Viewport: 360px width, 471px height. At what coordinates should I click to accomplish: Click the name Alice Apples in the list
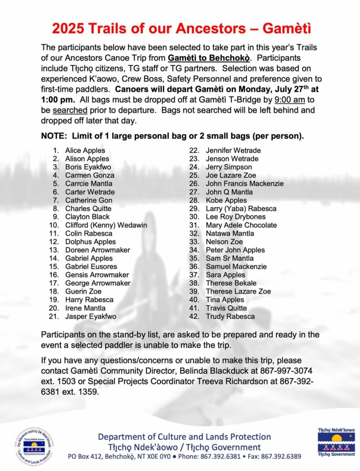tap(85, 150)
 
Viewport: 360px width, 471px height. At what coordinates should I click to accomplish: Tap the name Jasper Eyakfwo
tap(91, 316)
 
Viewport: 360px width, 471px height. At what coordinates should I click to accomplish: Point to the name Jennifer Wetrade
tap(233, 150)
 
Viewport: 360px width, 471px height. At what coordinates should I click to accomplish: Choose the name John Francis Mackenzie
tap(245, 184)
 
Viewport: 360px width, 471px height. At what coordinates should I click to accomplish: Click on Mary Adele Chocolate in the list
tap(241, 225)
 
